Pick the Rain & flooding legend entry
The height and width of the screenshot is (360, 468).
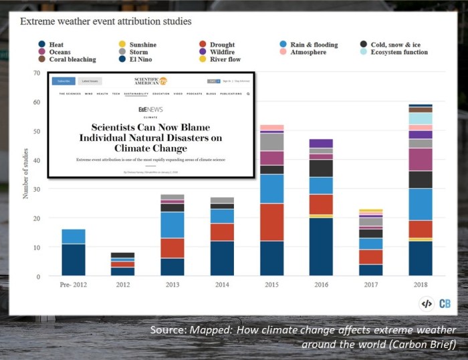click(x=314, y=45)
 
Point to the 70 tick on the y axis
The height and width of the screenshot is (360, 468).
click(x=36, y=72)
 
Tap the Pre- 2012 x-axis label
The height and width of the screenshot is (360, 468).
click(x=74, y=285)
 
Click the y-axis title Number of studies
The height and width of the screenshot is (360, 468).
click(x=25, y=174)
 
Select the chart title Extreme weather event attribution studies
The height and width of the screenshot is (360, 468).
click(x=106, y=21)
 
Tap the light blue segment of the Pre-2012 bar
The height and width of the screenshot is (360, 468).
click(x=74, y=236)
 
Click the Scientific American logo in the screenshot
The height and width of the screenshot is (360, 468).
click(x=151, y=81)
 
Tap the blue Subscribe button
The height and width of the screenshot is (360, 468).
click(x=64, y=81)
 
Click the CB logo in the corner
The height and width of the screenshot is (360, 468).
click(x=445, y=304)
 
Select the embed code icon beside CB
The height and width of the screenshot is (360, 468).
click(x=427, y=304)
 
